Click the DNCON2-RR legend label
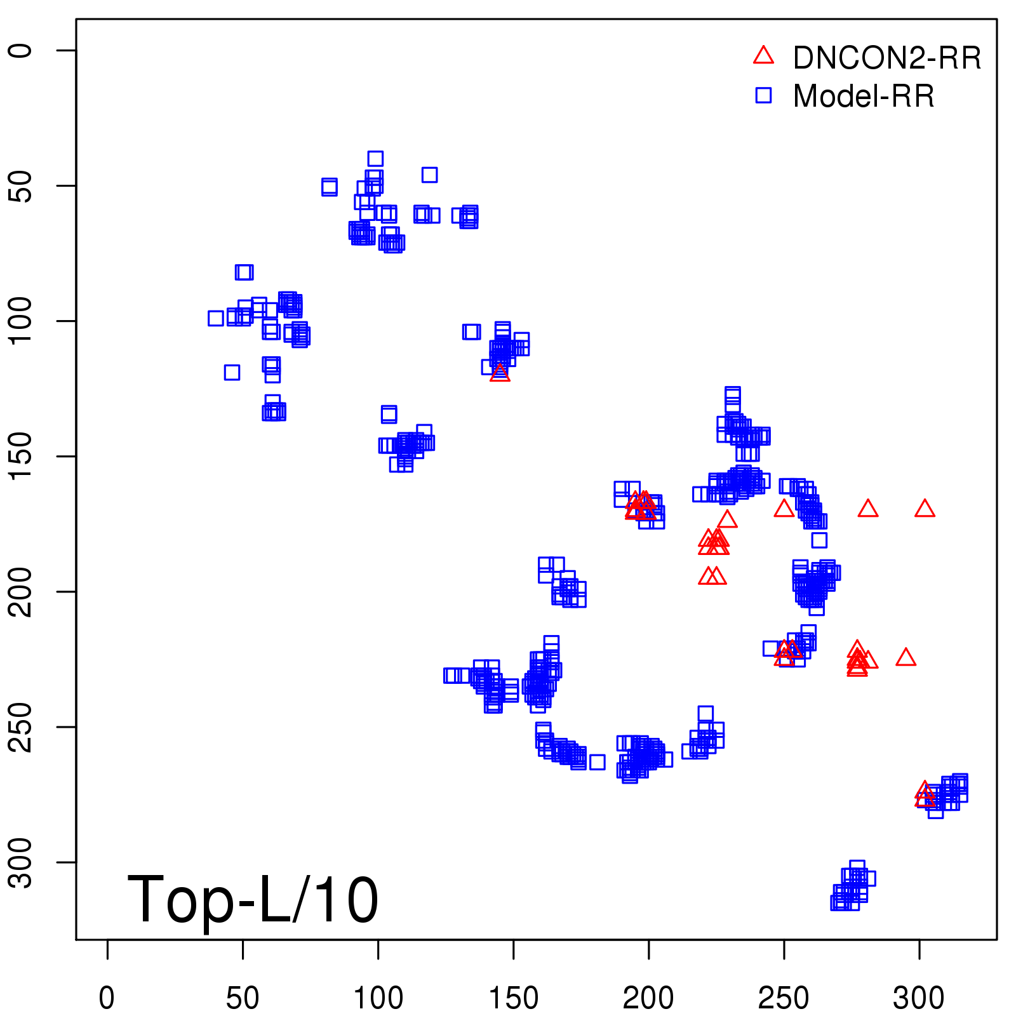coord(886,58)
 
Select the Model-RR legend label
coord(864,97)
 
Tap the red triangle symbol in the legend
coord(763,56)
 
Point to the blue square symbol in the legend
coord(763,95)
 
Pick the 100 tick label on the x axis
coord(378,998)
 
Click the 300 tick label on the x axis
coord(919,998)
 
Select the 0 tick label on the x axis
coord(107,998)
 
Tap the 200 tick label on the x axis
coord(648,998)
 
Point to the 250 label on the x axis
coord(784,998)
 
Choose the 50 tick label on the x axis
coord(243,998)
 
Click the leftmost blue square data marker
coord(216,318)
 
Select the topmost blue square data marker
coord(375,159)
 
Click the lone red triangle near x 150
coord(500,373)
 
